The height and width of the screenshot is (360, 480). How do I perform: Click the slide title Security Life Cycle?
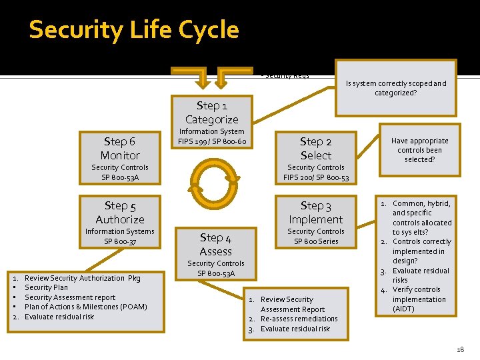[133, 30]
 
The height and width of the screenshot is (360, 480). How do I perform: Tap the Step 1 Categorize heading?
[211, 113]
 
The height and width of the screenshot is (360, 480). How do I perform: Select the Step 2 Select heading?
[315, 148]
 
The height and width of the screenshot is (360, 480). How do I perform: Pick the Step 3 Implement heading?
[315, 213]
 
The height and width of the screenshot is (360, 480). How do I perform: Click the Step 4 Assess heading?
[215, 244]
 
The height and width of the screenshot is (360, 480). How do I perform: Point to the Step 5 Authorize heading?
[120, 213]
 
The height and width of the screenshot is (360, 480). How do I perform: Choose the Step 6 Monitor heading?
[120, 148]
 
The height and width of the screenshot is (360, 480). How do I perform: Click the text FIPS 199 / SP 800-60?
[212, 141]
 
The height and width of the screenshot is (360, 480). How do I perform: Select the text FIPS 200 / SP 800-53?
[315, 177]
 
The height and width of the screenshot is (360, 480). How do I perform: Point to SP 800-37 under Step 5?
[120, 241]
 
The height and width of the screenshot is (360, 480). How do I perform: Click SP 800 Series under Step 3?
[315, 241]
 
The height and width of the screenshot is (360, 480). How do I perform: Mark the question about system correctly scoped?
[396, 88]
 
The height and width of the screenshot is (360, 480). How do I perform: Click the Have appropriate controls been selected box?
[420, 150]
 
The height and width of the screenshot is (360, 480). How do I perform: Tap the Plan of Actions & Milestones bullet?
[85, 307]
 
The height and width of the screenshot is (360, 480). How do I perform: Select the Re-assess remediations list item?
[299, 319]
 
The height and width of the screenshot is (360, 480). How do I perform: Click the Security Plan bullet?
[46, 287]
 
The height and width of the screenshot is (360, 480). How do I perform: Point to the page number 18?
[460, 349]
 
